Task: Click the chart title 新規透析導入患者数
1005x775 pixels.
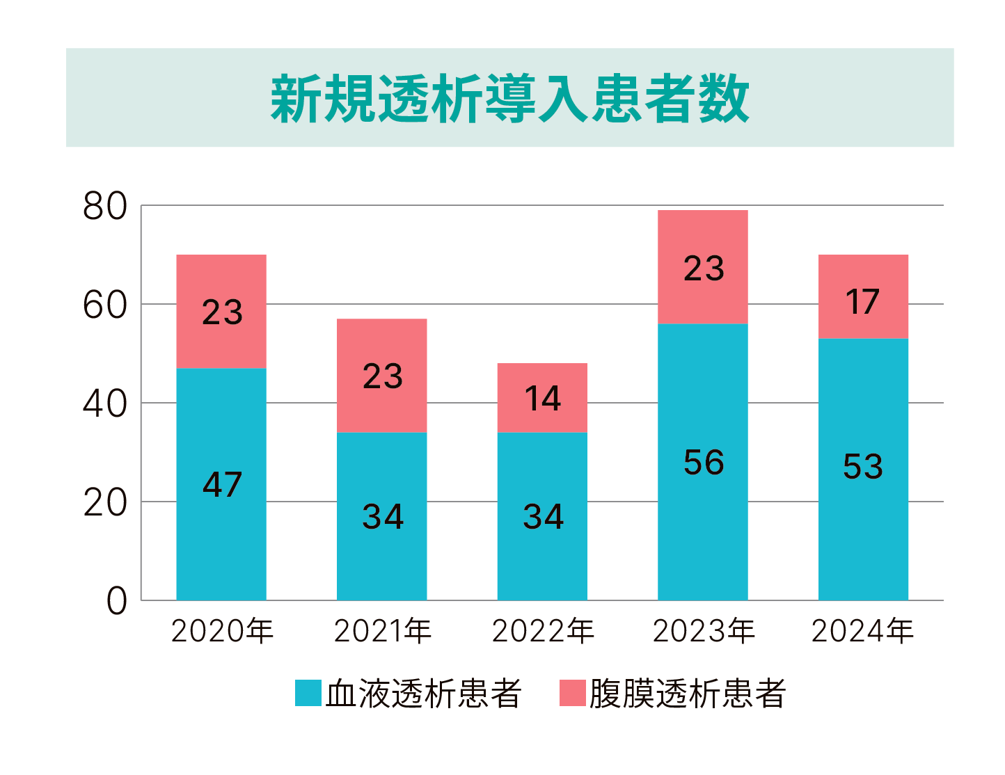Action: click(x=509, y=99)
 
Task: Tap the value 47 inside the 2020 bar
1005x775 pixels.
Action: click(x=222, y=484)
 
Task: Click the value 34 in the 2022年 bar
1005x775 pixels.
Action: click(x=543, y=517)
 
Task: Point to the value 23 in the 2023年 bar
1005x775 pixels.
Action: click(x=704, y=269)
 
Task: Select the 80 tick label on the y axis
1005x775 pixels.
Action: click(x=105, y=207)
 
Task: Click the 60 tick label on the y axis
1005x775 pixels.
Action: click(x=105, y=305)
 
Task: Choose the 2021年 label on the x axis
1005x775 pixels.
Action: click(x=383, y=631)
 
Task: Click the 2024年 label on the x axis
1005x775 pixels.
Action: click(x=862, y=631)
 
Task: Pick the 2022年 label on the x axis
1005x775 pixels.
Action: click(x=543, y=631)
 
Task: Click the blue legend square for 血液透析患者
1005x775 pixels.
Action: click(x=308, y=694)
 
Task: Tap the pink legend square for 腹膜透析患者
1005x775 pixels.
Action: click(x=572, y=694)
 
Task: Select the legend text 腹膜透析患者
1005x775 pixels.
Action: click(x=688, y=694)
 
